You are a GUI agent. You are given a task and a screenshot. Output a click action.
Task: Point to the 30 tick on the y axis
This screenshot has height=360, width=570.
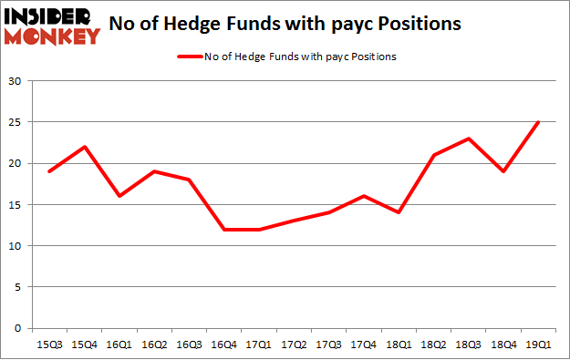click(x=15, y=81)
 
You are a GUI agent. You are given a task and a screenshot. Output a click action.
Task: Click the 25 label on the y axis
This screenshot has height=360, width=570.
click(x=15, y=122)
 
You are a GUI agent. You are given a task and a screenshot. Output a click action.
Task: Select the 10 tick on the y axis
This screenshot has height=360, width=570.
click(x=15, y=246)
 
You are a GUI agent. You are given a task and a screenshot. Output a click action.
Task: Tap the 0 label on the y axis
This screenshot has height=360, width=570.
click(x=17, y=328)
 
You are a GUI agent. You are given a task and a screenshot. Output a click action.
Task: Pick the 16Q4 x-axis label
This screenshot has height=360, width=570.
click(x=223, y=344)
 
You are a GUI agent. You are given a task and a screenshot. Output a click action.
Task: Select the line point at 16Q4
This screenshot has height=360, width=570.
click(x=223, y=229)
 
